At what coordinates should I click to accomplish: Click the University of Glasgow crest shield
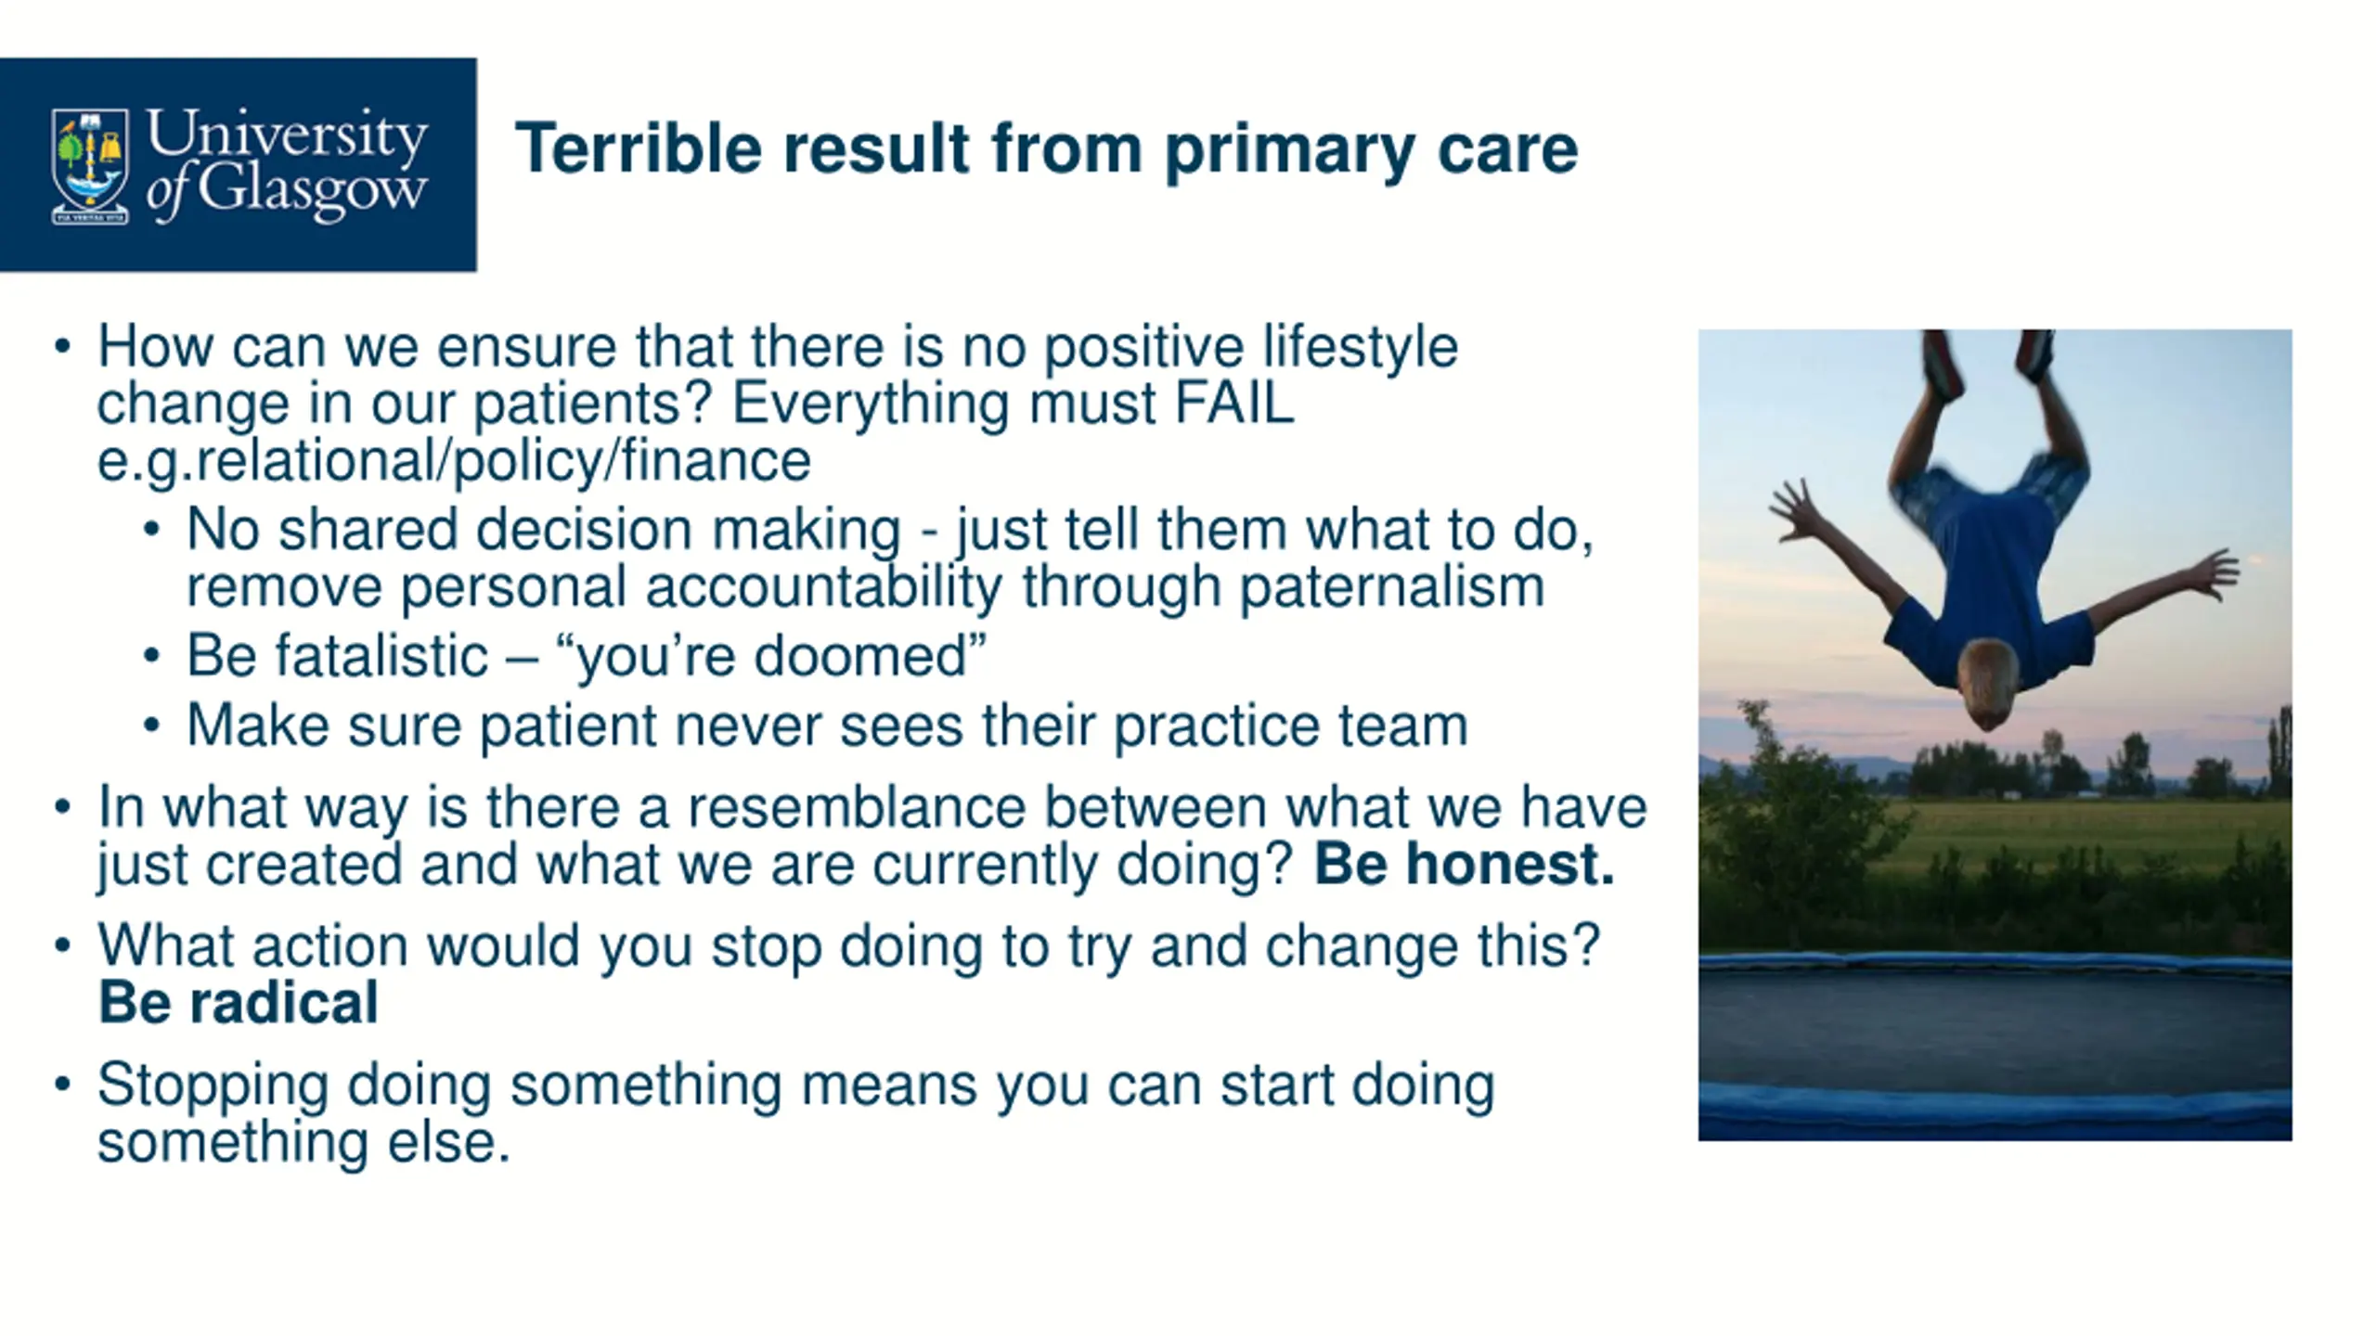[90, 166]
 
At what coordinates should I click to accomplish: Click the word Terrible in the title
[639, 148]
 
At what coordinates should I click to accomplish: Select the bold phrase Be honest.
[1464, 864]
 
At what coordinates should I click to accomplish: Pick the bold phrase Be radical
[239, 1003]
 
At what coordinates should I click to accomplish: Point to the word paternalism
[1392, 586]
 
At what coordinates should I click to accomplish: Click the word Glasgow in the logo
[312, 193]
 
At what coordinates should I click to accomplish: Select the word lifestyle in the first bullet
[1360, 347]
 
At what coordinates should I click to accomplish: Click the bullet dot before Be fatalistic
[152, 657]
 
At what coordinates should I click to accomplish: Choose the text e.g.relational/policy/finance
[454, 461]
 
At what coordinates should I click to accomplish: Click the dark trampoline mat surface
[1995, 1031]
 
